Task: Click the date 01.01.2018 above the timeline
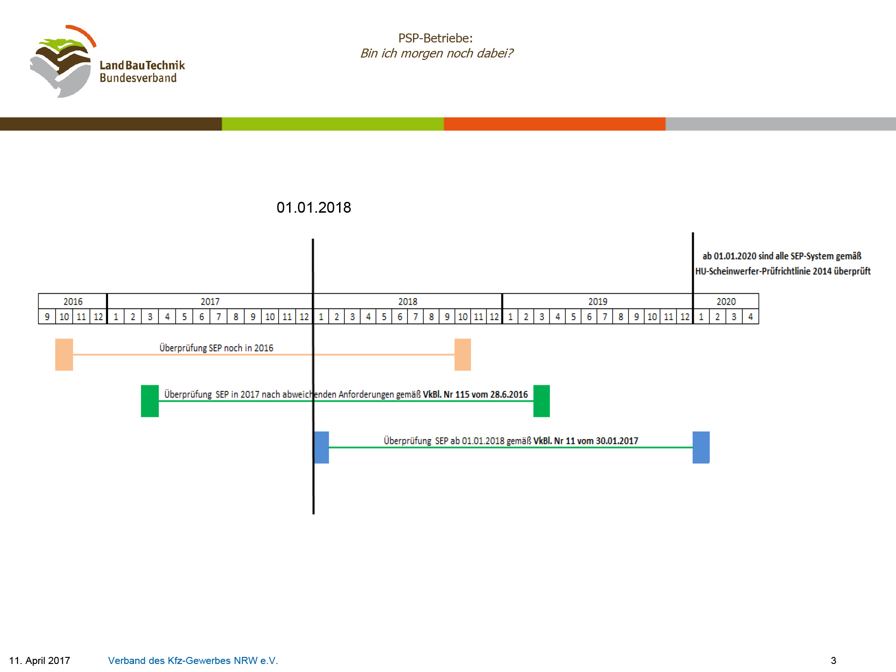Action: click(x=314, y=207)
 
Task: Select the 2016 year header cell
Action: click(x=73, y=301)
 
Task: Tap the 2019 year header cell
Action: click(x=597, y=301)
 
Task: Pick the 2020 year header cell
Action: click(x=726, y=301)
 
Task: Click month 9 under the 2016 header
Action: click(x=47, y=316)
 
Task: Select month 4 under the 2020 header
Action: click(x=750, y=316)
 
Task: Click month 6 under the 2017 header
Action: click(x=201, y=316)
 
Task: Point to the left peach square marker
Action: click(x=64, y=355)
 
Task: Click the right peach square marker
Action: click(x=463, y=355)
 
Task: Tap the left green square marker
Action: click(x=150, y=401)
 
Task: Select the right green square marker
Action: click(x=541, y=401)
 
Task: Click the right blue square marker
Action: click(x=701, y=448)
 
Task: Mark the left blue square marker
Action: click(x=322, y=448)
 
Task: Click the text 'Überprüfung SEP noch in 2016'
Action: click(x=216, y=348)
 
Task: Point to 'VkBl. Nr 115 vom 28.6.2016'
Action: click(x=475, y=394)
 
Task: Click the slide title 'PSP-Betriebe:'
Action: click(x=435, y=38)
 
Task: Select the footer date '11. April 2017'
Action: click(x=40, y=660)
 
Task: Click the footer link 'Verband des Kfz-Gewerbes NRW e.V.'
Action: click(x=193, y=660)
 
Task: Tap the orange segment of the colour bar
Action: click(x=555, y=124)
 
